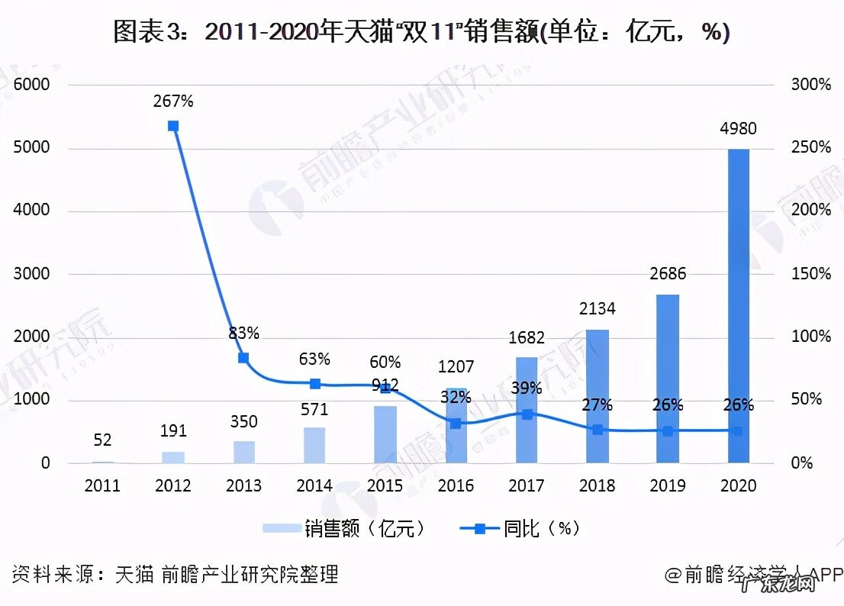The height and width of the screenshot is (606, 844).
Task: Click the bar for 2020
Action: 738,305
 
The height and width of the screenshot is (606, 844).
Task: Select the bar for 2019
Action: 668,379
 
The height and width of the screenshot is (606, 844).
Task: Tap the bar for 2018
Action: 598,396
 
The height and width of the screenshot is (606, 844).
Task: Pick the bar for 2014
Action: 314,445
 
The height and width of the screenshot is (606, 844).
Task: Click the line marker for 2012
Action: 173,126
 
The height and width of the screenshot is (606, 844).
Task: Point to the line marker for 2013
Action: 243,358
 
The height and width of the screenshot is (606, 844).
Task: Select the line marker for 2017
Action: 527,414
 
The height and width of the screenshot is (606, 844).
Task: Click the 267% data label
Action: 173,101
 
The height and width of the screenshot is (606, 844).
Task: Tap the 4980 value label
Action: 738,129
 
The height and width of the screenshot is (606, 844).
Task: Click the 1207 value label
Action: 456,367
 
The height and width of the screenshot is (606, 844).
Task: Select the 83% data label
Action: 243,334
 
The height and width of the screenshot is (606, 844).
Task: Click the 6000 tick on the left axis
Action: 32,85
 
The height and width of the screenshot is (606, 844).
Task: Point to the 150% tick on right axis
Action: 810,274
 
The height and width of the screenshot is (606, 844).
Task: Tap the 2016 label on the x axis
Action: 456,486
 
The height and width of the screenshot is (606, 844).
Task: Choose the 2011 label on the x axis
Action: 102,486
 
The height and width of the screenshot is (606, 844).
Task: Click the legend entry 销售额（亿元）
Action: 343,529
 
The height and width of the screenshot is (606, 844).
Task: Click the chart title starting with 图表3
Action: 421,32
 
